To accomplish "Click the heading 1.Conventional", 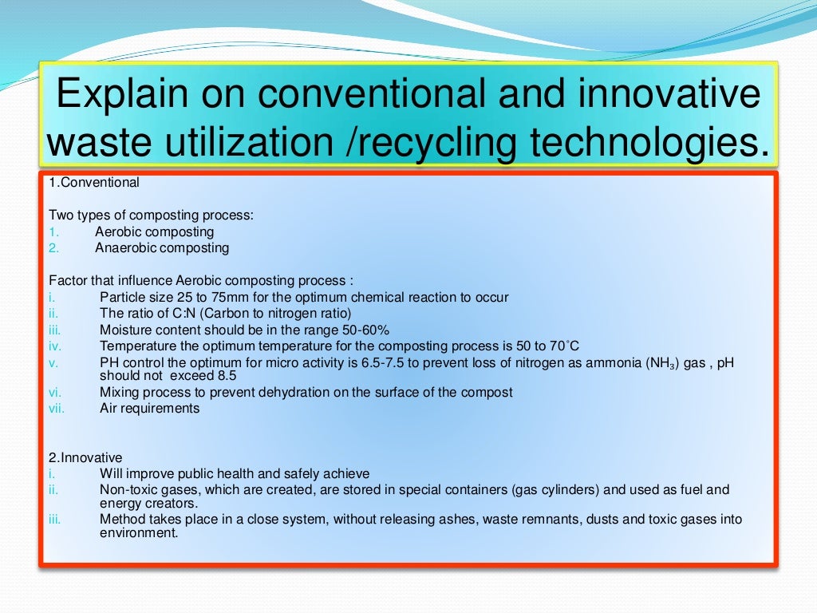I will pyautogui.click(x=94, y=183).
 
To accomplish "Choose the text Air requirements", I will pyautogui.click(x=149, y=408).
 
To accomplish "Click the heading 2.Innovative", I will pyautogui.click(x=86, y=458).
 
